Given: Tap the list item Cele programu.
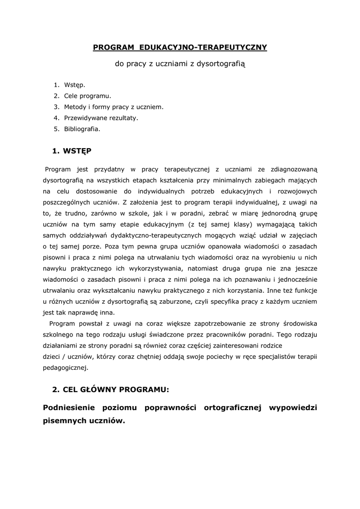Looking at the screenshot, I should [88, 96].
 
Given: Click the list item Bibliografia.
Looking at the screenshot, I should [82, 129].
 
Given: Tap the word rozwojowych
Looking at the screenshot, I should [297, 191].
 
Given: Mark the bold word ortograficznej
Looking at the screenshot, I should [233, 408].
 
